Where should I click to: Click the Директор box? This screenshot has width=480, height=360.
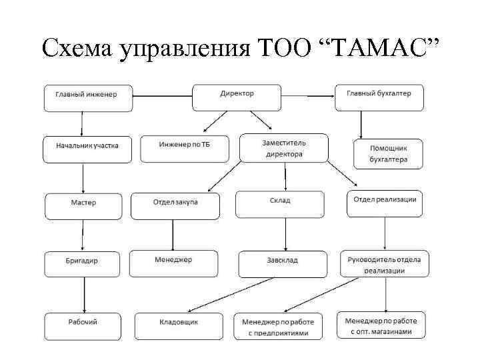(x=237, y=97)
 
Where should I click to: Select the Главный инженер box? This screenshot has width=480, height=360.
(x=82, y=97)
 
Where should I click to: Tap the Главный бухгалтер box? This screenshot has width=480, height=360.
(x=378, y=97)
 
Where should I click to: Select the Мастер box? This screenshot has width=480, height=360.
(x=83, y=205)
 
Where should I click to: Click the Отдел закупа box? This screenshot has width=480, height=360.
(x=175, y=205)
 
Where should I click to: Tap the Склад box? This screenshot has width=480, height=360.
(x=280, y=205)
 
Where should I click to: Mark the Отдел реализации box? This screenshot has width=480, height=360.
(x=385, y=203)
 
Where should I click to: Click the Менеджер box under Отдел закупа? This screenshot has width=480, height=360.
(x=173, y=263)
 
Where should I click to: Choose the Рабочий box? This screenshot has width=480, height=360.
(x=83, y=325)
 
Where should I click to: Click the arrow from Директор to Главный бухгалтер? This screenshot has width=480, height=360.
(x=307, y=97)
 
